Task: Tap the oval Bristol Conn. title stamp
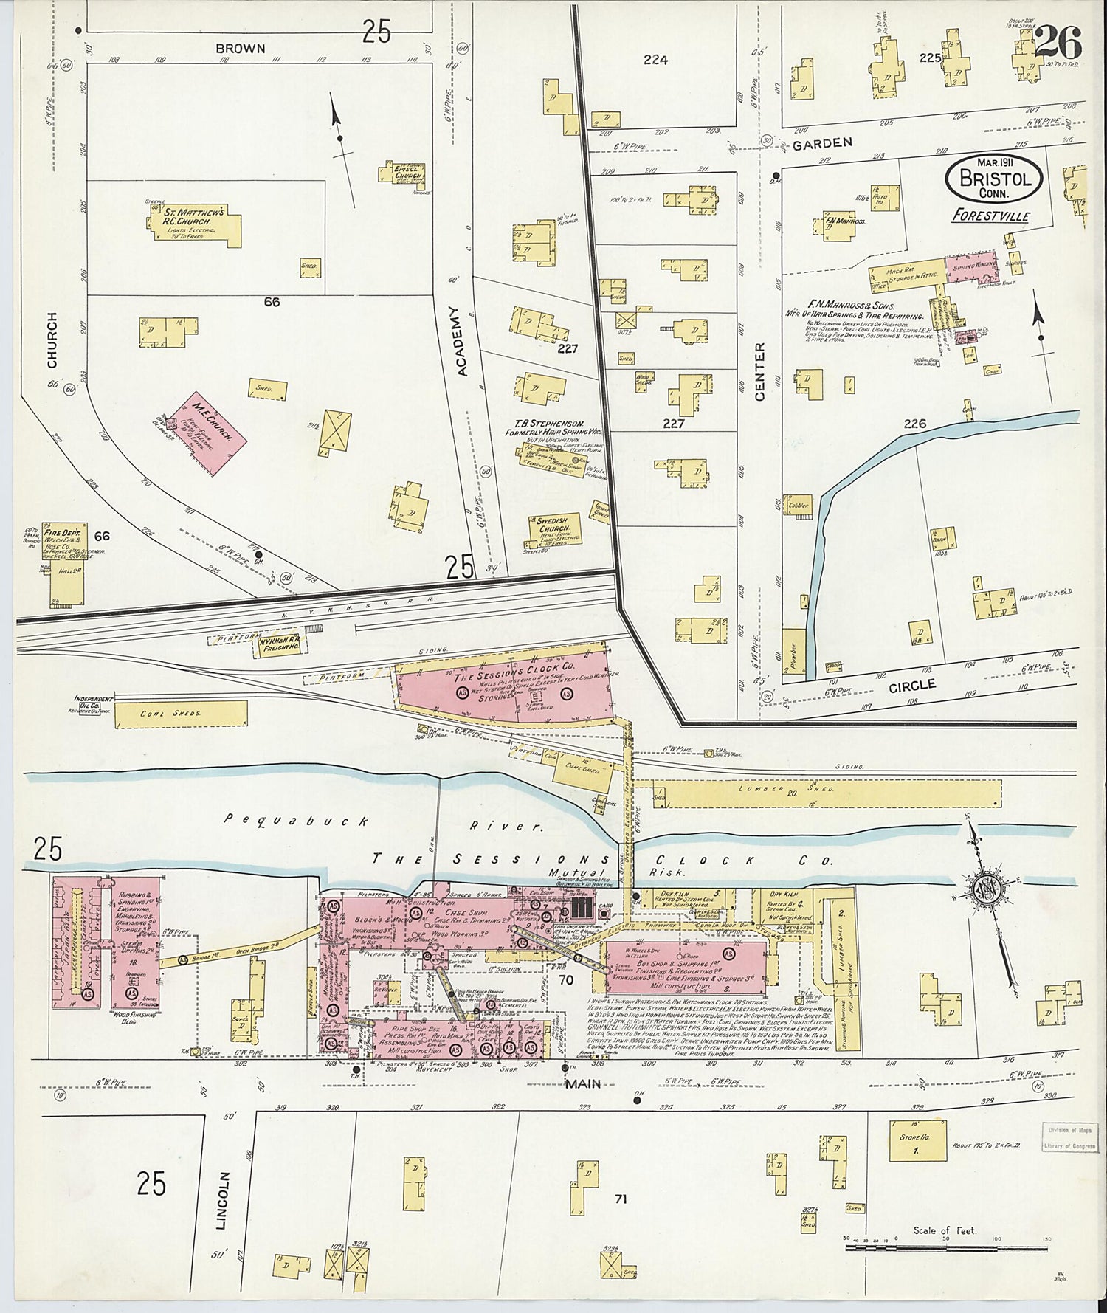click(994, 179)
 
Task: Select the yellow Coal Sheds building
click(182, 713)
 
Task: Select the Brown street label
click(240, 49)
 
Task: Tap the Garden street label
click(822, 143)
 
